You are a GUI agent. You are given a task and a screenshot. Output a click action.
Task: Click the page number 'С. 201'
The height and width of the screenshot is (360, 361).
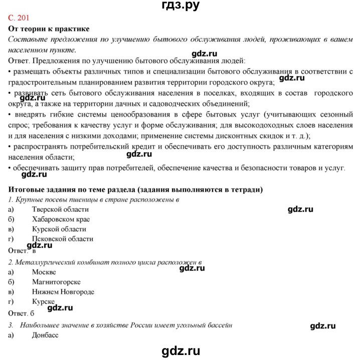[22, 19]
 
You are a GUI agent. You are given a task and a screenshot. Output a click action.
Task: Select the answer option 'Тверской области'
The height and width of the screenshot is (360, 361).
[60, 209]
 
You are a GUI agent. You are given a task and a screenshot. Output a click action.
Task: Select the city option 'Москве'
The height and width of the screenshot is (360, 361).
[44, 272]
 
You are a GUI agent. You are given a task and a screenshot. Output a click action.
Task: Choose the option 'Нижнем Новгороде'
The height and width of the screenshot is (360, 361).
[63, 292]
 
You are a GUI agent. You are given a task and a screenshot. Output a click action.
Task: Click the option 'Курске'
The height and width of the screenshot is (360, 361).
[43, 302]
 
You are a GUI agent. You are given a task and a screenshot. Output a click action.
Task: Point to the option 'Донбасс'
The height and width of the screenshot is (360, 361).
[45, 335]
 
